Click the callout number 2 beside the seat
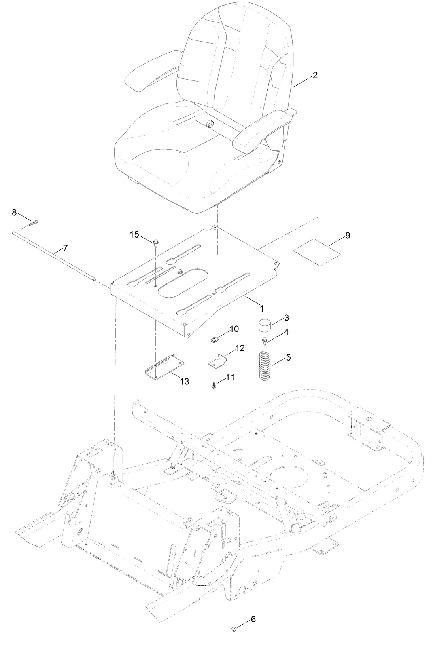(x=315, y=75)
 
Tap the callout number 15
(x=134, y=234)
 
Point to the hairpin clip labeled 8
(x=34, y=223)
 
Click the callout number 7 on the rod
(x=65, y=248)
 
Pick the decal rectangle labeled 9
(x=317, y=252)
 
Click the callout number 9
(x=348, y=235)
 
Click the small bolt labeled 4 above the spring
(x=265, y=341)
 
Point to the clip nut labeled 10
(x=214, y=340)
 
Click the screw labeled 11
(x=214, y=386)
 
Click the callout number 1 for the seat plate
(x=262, y=309)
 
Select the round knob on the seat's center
(x=210, y=124)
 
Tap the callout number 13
(x=185, y=381)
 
